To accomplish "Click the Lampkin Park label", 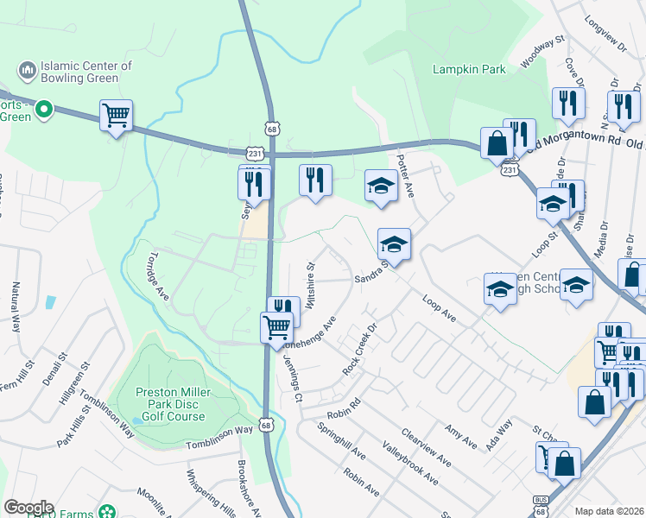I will tap(470, 70).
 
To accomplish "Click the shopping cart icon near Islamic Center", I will tap(116, 114).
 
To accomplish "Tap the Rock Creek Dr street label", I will tap(361, 349).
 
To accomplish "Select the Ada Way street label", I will tap(501, 430).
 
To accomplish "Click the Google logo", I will tap(28, 508).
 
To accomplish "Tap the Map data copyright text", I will tap(610, 511).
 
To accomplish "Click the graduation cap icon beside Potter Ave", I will tap(381, 186).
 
